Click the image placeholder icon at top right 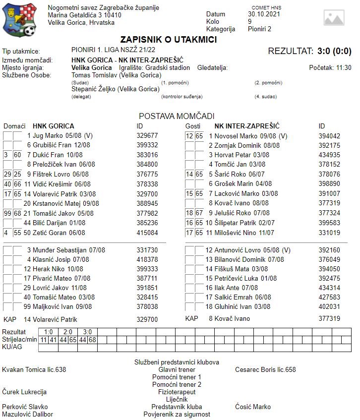click(334, 17)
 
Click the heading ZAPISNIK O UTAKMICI click(169, 40)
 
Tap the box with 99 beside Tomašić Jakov click(7, 213)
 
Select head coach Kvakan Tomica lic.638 click(34, 369)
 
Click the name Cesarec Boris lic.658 click(265, 369)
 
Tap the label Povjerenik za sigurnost click(177, 414)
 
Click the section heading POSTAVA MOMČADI click(177, 116)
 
